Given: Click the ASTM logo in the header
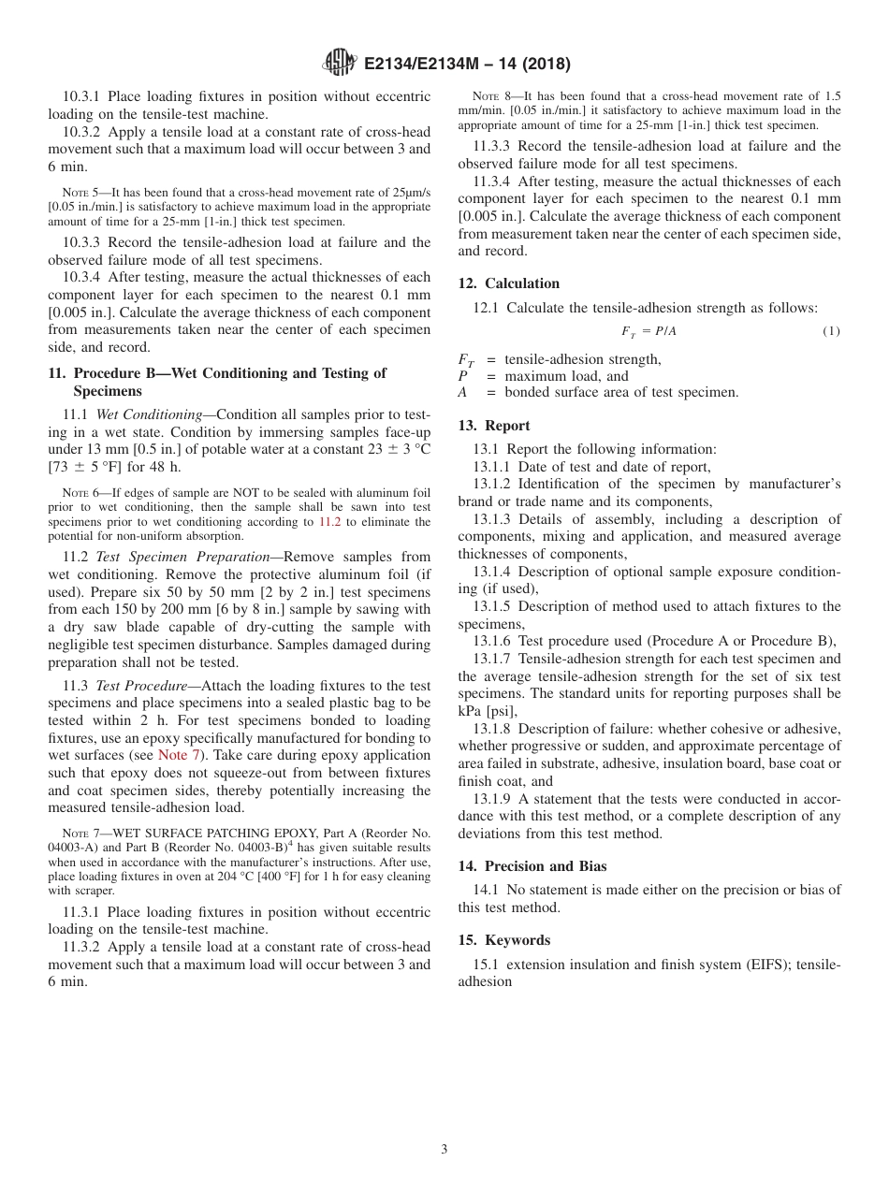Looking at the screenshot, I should pos(339,63).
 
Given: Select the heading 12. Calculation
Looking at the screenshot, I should pos(508,283).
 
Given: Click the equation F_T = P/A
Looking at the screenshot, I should pos(649,331).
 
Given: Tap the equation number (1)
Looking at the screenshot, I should pos(831,331).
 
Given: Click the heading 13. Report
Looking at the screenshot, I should pos(493,426).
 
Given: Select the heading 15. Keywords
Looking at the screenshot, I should pos(503,940).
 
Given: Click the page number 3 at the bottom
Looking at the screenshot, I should pos(444,1149).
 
